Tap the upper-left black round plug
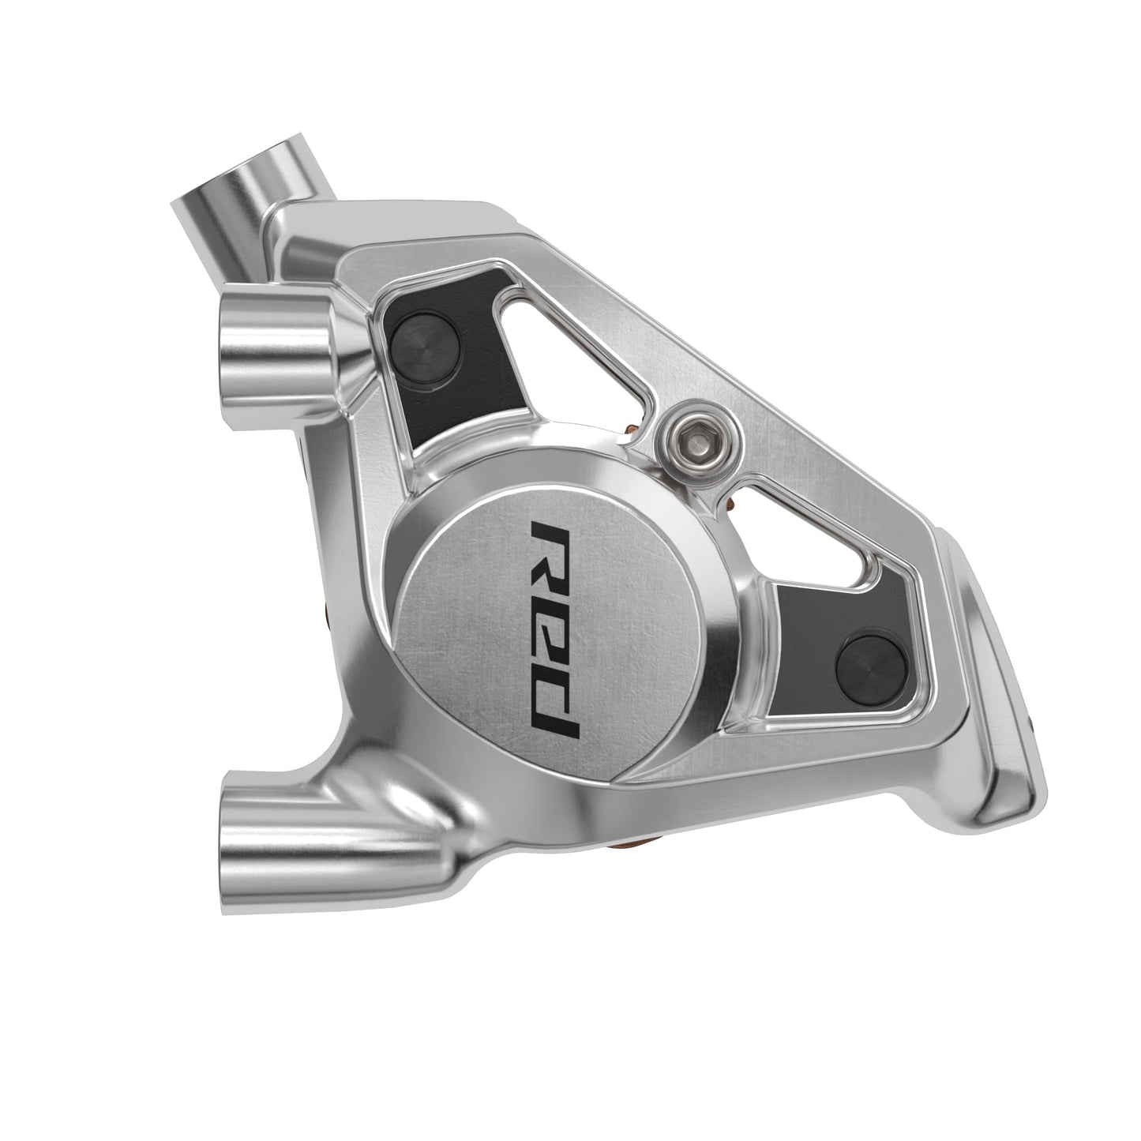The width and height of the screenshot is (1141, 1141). pos(424,341)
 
